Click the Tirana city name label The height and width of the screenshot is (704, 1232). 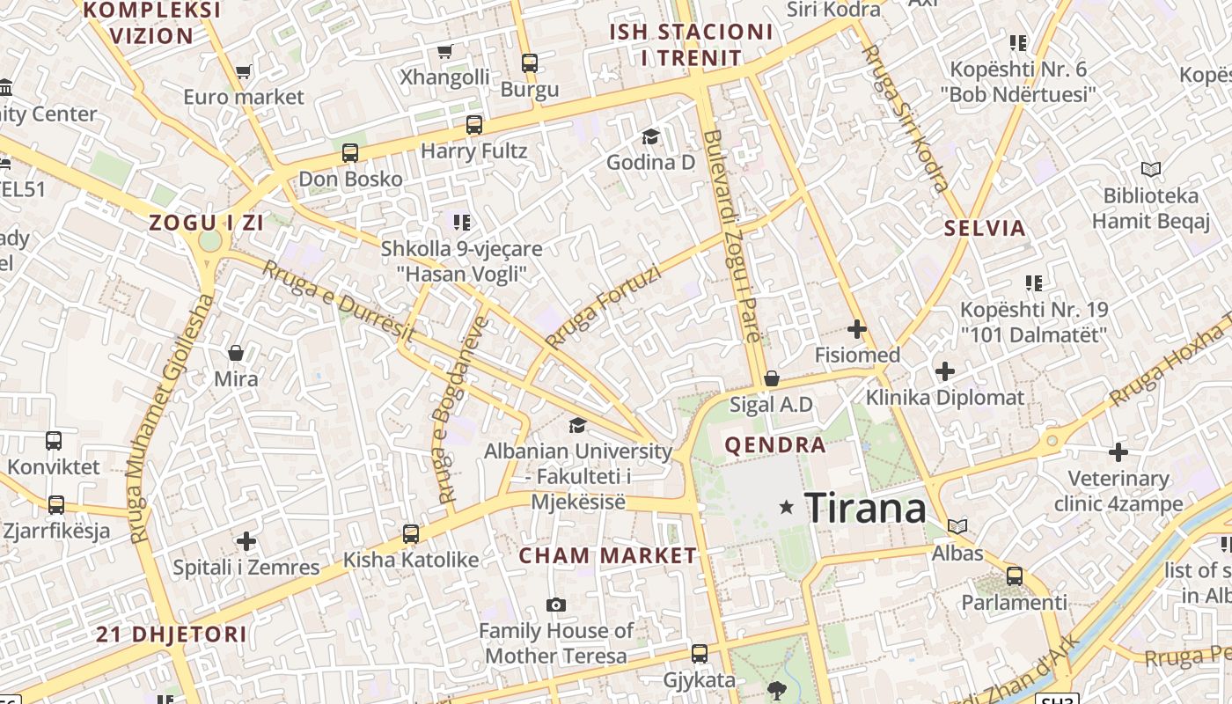[865, 508]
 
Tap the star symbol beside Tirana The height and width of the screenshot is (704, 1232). [787, 507]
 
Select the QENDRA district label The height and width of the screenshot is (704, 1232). [774, 444]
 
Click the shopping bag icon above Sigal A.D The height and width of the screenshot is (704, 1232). [772, 378]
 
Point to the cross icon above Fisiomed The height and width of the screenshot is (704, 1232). [856, 329]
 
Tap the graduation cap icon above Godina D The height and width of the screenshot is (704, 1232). [650, 136]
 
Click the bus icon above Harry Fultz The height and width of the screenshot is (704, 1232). [474, 125]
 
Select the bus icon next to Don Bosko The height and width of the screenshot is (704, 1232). [350, 153]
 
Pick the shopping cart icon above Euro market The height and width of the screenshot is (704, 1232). [243, 71]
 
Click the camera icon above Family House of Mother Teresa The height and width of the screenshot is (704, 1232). [555, 605]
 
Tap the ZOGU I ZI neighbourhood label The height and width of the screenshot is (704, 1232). [207, 223]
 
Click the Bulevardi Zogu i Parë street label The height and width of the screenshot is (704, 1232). [731, 236]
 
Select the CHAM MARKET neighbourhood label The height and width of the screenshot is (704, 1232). [607, 555]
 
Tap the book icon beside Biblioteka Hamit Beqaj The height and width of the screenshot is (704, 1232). [1150, 169]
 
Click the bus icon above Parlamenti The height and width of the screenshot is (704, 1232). [1014, 576]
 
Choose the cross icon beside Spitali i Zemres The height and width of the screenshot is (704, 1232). [246, 540]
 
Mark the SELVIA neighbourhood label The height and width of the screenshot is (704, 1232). [985, 228]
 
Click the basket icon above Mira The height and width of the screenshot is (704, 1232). [236, 353]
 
